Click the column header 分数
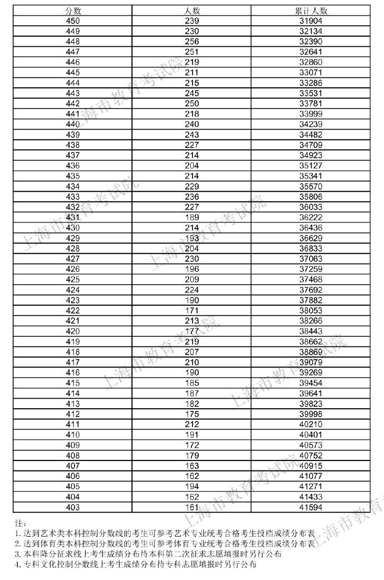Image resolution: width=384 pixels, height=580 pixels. (x=72, y=11)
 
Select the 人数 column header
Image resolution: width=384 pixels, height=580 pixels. (x=192, y=11)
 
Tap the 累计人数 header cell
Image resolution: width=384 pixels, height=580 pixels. (x=311, y=11)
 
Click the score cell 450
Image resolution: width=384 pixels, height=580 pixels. (x=72, y=21)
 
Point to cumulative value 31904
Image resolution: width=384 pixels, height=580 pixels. (x=311, y=21)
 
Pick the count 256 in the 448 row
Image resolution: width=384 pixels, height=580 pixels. (x=192, y=42)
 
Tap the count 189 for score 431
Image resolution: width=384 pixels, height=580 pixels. (x=192, y=217)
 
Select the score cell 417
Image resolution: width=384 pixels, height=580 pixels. (x=72, y=363)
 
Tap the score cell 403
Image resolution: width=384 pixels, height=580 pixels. (x=72, y=507)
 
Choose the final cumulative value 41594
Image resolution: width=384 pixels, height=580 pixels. (x=311, y=507)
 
